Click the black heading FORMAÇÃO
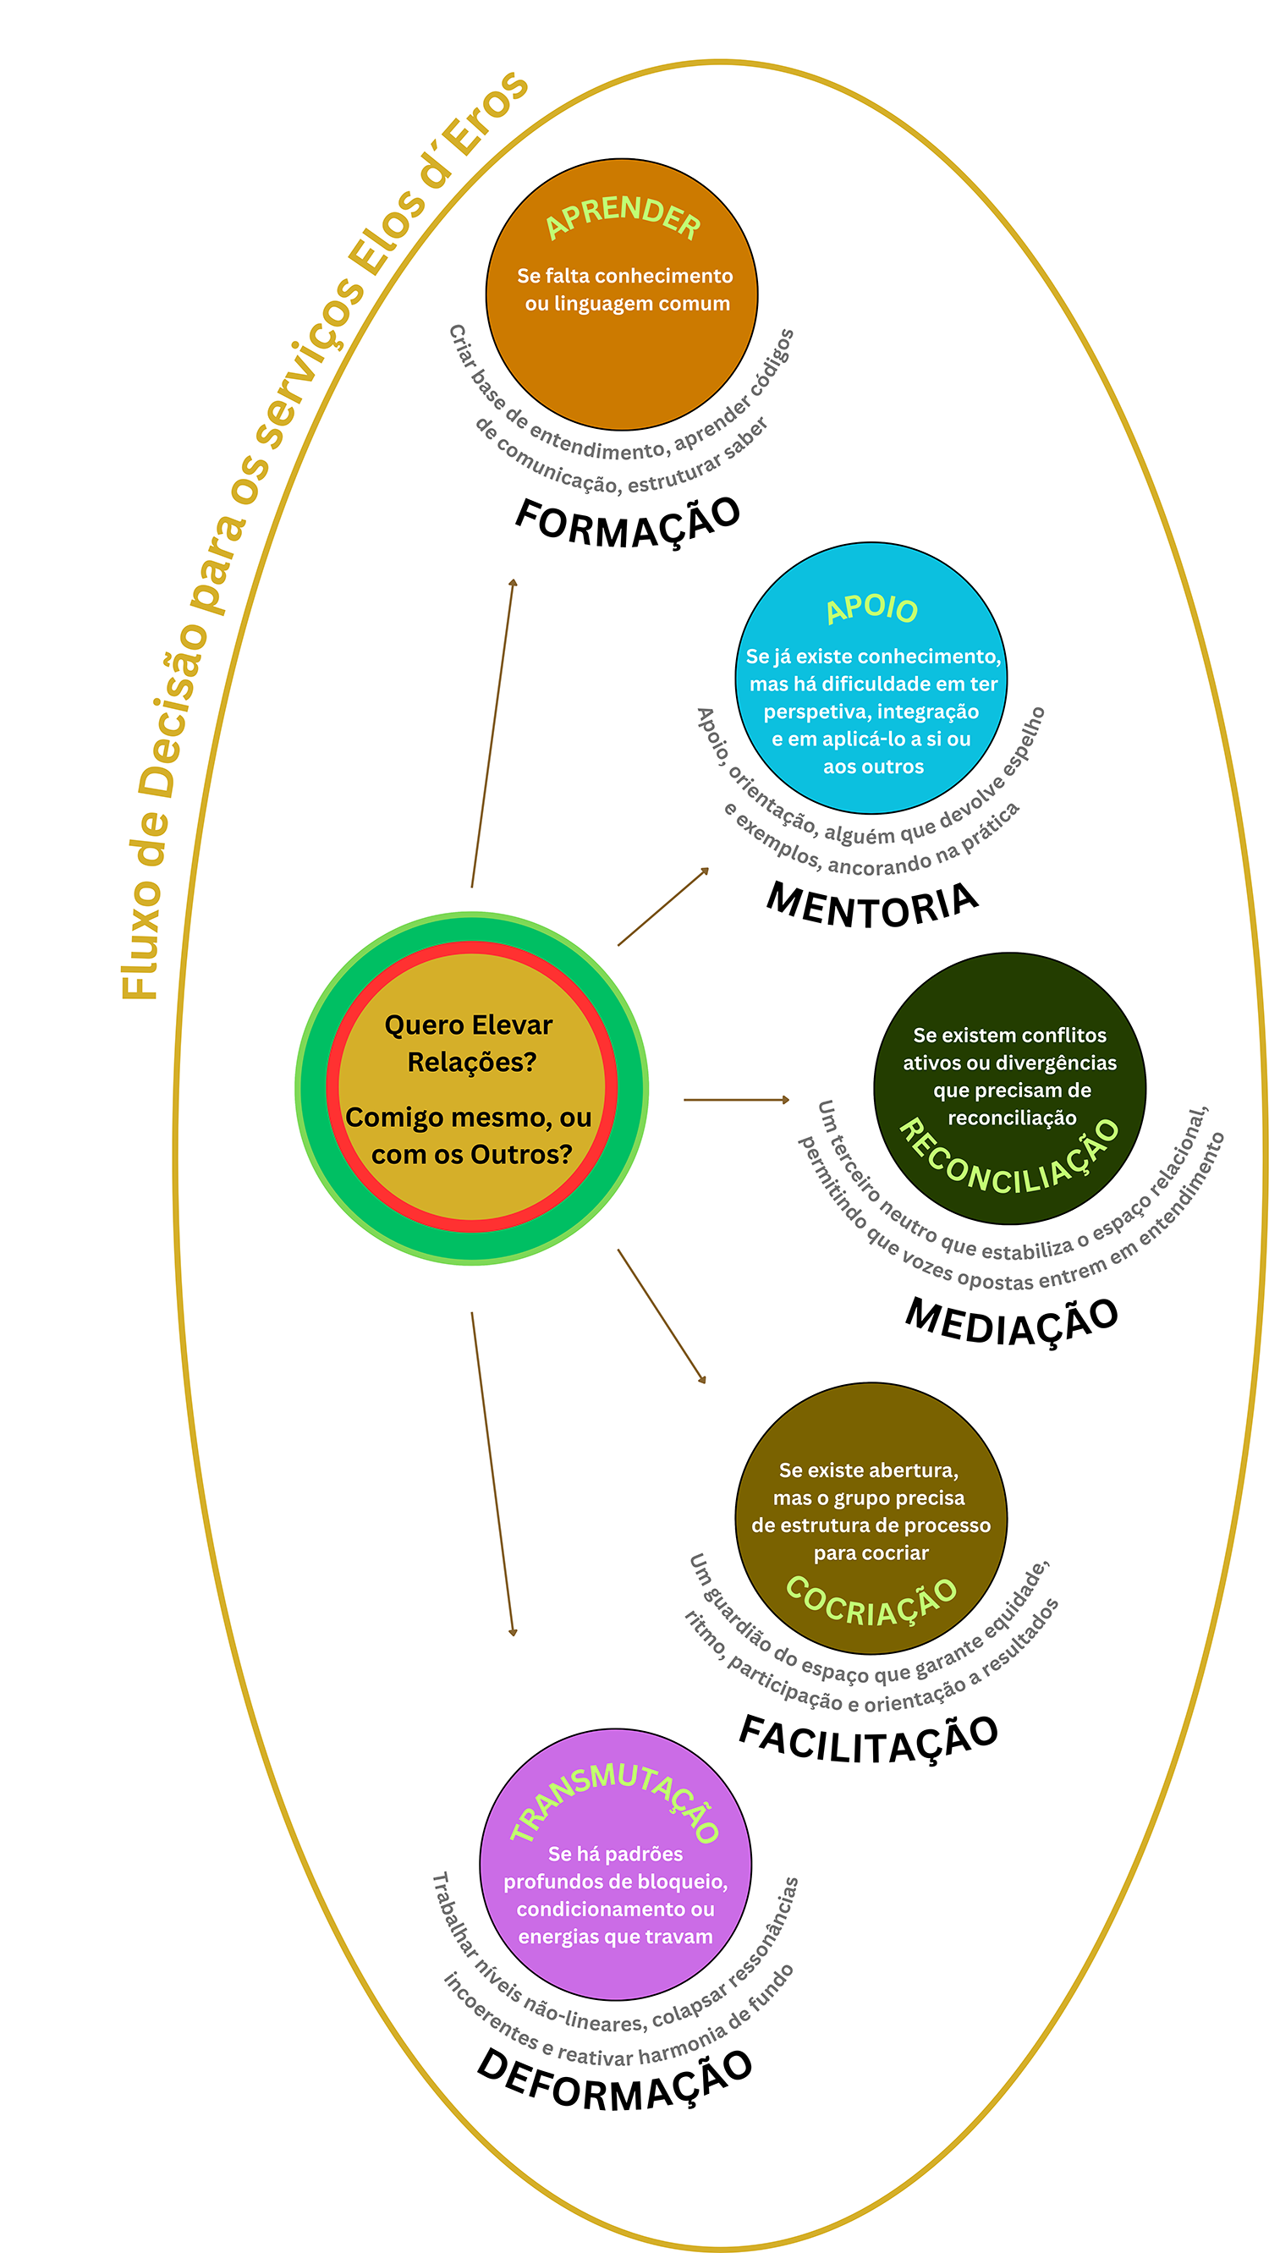(x=627, y=523)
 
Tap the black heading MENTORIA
(x=872, y=906)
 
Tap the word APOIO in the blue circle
(x=872, y=607)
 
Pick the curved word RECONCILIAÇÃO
(x=1010, y=1159)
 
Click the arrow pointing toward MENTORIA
(x=664, y=906)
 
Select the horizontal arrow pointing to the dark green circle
(x=736, y=1099)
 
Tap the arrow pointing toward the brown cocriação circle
(x=662, y=1316)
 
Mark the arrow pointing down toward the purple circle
(x=492, y=1474)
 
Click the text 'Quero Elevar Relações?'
(x=470, y=1042)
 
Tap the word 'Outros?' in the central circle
(x=521, y=1155)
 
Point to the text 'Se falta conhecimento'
(x=624, y=276)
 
